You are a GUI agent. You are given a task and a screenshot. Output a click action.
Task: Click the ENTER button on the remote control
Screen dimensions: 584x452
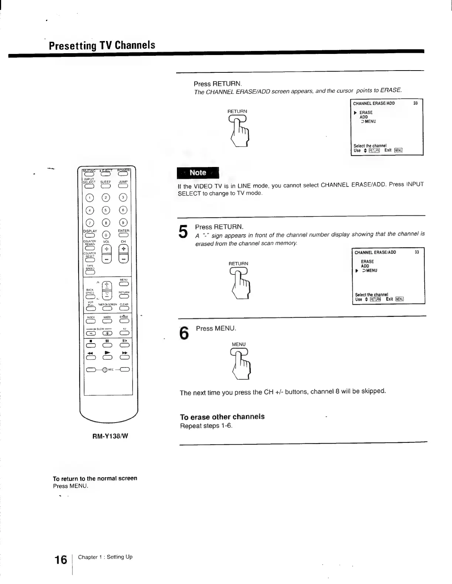(123, 236)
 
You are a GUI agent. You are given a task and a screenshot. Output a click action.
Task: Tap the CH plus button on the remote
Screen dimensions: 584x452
(124, 249)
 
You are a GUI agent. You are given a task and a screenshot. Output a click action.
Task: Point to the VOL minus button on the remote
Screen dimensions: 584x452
(106, 260)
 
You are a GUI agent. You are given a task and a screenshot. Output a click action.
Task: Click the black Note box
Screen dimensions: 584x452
(198, 173)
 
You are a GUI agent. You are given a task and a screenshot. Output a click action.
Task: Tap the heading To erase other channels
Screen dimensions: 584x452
(222, 417)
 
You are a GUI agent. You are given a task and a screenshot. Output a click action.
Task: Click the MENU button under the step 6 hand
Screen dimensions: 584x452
(239, 352)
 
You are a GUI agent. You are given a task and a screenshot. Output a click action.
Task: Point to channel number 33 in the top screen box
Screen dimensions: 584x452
(415, 103)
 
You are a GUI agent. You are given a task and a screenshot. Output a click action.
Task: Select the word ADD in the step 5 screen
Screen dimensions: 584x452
(365, 266)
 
